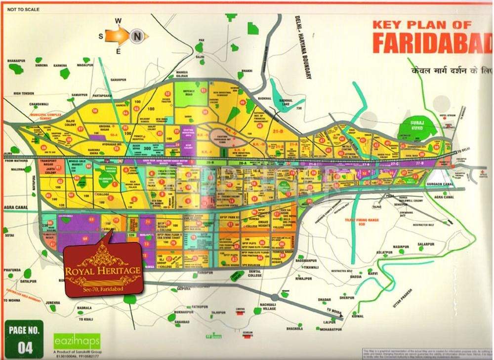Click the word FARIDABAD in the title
(x=432, y=42)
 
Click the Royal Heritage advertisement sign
(x=102, y=271)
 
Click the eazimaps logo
(x=77, y=341)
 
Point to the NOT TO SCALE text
(x=23, y=9)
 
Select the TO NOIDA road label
(x=333, y=311)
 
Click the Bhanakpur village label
(x=16, y=60)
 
